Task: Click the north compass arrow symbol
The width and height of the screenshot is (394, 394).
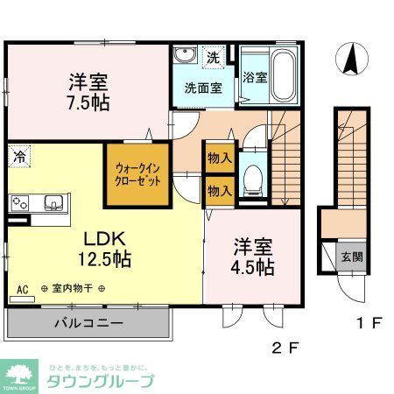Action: tap(353, 60)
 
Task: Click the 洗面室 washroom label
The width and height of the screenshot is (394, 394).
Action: tap(203, 88)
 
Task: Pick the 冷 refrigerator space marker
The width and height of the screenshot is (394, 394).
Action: tap(18, 158)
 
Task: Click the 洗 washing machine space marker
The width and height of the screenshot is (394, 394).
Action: tap(212, 58)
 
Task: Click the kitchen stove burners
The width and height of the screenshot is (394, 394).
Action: tap(20, 203)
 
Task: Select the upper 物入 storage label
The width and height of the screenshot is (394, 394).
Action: tap(219, 159)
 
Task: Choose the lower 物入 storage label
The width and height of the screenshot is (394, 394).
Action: tap(219, 190)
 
